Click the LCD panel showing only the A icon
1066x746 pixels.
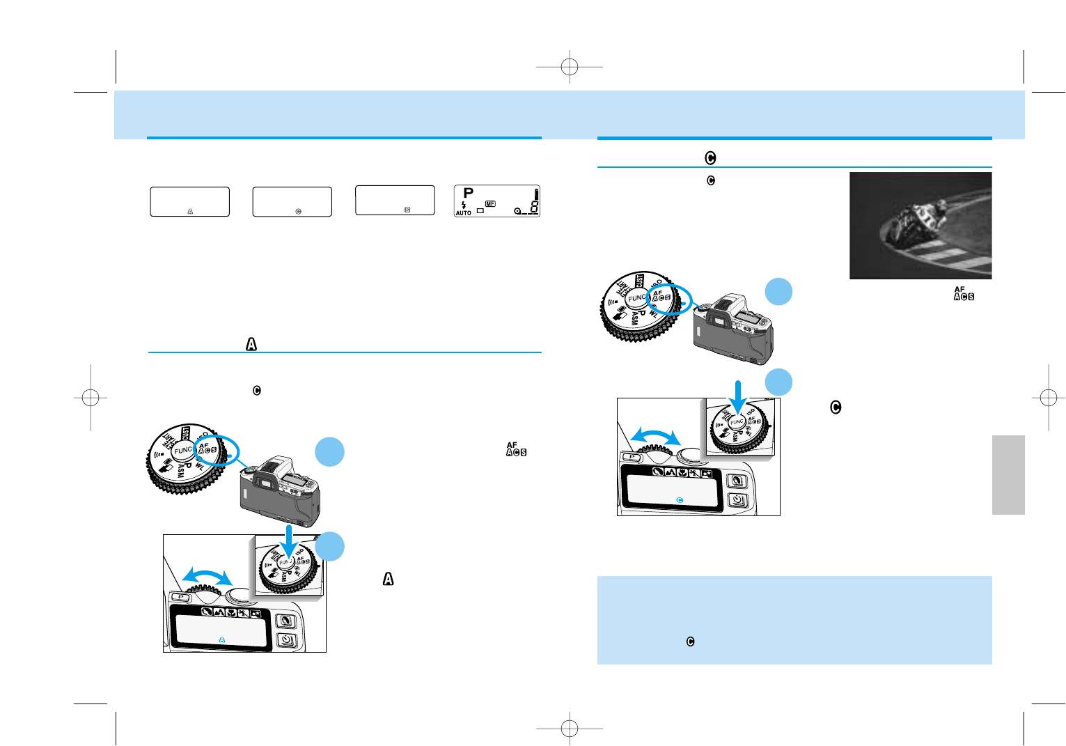click(189, 202)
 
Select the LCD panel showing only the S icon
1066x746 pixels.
click(395, 200)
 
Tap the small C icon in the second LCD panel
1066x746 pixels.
click(299, 211)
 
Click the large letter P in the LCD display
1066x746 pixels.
click(469, 192)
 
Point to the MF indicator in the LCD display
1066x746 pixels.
click(490, 203)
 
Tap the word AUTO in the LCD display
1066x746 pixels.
click(463, 213)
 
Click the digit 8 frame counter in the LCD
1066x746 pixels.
click(533, 208)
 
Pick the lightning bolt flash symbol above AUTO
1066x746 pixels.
click(464, 205)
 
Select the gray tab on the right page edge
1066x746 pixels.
click(1008, 475)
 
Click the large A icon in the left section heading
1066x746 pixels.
click(251, 344)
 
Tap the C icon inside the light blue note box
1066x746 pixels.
click(690, 642)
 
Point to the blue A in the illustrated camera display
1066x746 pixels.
click(222, 639)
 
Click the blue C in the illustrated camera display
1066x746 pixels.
click(680, 500)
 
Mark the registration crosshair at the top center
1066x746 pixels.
click(570, 67)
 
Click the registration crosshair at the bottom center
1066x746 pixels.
click(570, 728)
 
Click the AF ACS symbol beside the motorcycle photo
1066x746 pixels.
click(964, 293)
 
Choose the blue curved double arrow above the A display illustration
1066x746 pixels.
click(207, 576)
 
